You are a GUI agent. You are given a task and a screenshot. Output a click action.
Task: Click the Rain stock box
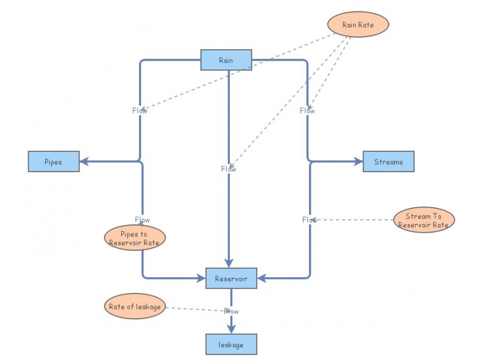(x=226, y=60)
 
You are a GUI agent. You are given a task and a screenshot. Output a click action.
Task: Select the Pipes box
(x=53, y=162)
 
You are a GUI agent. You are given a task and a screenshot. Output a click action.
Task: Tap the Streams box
(x=388, y=162)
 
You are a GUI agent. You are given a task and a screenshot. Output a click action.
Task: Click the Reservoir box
(x=231, y=278)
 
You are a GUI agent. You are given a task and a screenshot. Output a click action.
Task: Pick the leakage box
(x=231, y=344)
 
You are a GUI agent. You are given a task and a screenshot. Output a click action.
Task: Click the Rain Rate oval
(x=358, y=25)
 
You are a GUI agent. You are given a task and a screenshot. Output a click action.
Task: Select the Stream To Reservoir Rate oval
(x=424, y=220)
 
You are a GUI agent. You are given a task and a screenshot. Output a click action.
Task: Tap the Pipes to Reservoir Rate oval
(x=134, y=238)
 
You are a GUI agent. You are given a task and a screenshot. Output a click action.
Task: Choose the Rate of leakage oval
(x=134, y=307)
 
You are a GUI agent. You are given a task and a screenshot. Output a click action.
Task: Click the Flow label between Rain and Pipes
(x=140, y=110)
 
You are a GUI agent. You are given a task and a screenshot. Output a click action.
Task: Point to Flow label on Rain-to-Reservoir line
(x=229, y=169)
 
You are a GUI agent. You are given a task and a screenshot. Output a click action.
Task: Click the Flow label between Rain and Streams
(x=307, y=110)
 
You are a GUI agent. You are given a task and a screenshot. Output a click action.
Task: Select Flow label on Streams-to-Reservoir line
(x=310, y=220)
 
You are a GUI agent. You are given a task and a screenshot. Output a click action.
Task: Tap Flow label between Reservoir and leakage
(x=231, y=311)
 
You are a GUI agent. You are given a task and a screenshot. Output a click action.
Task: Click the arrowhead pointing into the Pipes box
(x=85, y=161)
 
